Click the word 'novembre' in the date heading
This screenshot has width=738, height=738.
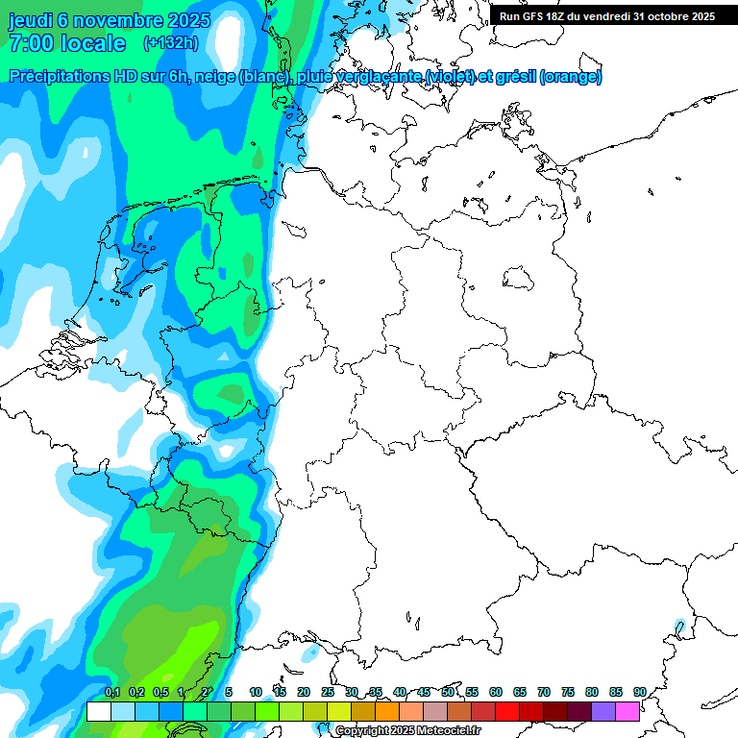pos(121,20)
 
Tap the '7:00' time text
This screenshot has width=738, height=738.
pos(30,43)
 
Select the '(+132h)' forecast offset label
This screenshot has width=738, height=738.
pos(171,43)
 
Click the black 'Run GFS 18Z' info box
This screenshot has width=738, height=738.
pos(607,15)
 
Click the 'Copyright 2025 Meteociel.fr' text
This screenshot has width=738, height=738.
pos(407,730)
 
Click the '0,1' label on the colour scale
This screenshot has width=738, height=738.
pos(112,692)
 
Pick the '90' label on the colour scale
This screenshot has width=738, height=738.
pos(639,692)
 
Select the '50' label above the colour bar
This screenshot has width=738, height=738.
pos(448,692)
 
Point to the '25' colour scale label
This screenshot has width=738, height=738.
pos(328,692)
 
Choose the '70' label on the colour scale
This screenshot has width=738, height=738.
pos(544,692)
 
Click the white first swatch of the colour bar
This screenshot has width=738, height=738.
pos(99,711)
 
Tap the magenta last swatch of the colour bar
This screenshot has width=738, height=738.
pos(627,711)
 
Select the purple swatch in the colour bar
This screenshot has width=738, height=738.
pos(603,711)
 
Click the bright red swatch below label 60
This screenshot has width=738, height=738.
pos(507,711)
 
